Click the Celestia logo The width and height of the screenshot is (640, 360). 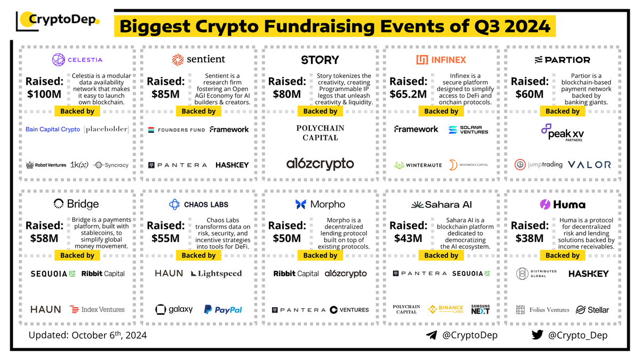[77, 60]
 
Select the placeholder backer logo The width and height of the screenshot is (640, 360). [106, 129]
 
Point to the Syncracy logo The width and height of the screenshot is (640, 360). [110, 165]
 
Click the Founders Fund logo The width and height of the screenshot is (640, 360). [177, 130]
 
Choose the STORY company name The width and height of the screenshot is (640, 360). [320, 60]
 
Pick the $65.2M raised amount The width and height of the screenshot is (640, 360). [408, 94]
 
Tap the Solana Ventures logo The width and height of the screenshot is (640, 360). [468, 130]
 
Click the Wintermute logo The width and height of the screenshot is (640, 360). [418, 165]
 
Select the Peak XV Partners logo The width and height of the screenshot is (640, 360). [563, 131]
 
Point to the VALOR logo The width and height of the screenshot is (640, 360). [589, 165]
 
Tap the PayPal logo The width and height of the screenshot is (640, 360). [223, 309]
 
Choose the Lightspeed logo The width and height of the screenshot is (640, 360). [217, 274]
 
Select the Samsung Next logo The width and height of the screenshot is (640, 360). [480, 309]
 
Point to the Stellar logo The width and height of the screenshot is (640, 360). [592, 309]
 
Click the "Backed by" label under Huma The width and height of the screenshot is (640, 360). [563, 255]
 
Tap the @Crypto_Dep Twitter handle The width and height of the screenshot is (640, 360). [570, 335]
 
